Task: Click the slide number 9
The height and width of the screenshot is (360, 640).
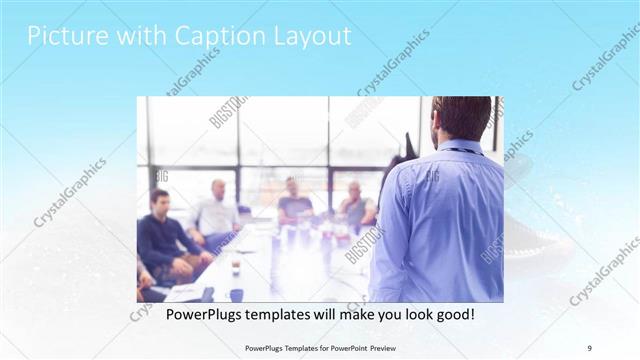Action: (x=590, y=347)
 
